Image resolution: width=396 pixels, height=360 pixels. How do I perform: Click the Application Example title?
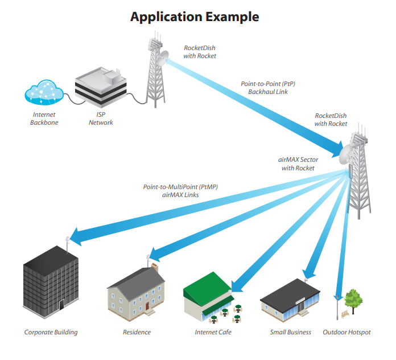195,17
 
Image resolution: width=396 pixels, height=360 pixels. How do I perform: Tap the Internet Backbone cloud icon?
44,92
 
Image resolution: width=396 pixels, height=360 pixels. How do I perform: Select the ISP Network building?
101,88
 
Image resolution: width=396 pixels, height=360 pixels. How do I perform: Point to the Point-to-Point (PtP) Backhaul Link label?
268,88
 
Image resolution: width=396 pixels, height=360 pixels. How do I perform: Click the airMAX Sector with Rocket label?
298,164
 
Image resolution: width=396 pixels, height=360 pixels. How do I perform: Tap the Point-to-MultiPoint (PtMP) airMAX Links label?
180,191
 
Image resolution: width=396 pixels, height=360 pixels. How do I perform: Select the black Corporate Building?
51,282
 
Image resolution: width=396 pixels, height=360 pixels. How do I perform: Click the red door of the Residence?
147,306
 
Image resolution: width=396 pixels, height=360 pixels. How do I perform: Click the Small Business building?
290,300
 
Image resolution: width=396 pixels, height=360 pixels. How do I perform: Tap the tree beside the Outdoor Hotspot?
353,301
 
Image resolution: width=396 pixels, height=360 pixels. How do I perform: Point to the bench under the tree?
345,314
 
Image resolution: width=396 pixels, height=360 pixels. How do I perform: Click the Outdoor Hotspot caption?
346,332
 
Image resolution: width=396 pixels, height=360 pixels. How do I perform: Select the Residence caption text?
137,332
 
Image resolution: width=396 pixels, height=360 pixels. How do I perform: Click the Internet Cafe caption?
213,332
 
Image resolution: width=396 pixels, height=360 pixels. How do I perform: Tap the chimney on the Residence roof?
155,267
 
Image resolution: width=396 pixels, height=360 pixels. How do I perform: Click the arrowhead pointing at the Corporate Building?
76,236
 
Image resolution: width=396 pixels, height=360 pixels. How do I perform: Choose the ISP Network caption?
101,118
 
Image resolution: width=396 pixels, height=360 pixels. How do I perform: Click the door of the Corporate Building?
61,305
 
